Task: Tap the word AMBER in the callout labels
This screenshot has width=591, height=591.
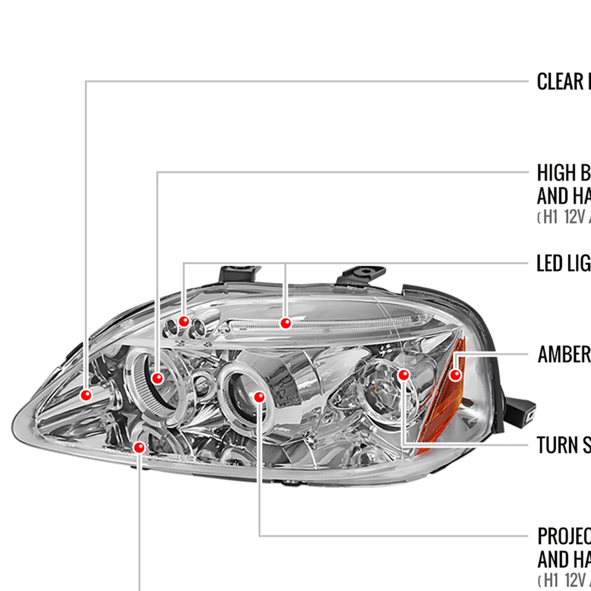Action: click(563, 354)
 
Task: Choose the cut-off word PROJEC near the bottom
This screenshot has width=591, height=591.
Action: click(563, 536)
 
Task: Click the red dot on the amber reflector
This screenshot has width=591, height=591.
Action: click(455, 374)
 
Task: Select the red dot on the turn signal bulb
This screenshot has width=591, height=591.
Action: click(403, 375)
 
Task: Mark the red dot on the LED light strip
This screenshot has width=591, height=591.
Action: click(286, 323)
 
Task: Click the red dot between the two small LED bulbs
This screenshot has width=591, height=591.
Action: click(184, 322)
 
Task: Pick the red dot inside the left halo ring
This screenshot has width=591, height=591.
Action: click(157, 378)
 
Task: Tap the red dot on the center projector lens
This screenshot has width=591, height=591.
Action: click(259, 397)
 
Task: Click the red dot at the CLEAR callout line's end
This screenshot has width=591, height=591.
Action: click(86, 395)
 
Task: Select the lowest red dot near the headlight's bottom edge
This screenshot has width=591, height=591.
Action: click(139, 448)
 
